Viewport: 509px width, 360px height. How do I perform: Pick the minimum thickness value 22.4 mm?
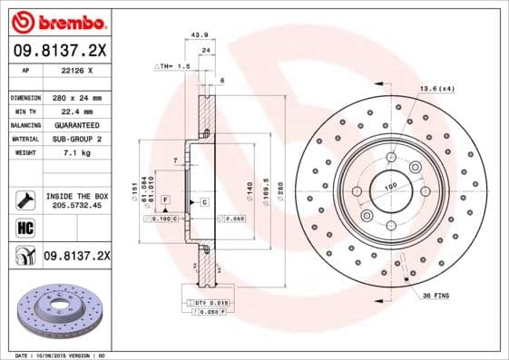(x=75, y=111)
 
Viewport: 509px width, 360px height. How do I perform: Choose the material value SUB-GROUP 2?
(x=75, y=139)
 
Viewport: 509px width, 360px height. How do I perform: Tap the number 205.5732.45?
(x=76, y=206)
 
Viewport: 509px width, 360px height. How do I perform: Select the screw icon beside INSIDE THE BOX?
(x=24, y=200)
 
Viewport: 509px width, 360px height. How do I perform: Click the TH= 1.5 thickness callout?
(x=172, y=66)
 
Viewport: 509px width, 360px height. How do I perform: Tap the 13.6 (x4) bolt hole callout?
(x=436, y=88)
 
